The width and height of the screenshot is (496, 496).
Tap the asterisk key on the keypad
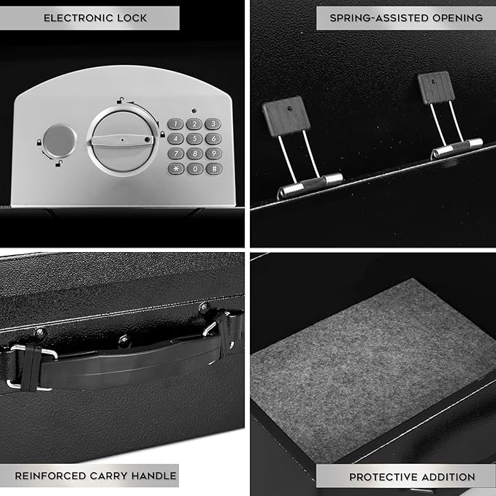[x=176, y=169]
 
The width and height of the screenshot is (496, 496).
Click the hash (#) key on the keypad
[x=214, y=169]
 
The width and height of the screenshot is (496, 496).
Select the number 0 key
[x=195, y=169]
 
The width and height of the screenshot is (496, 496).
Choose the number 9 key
[x=213, y=153]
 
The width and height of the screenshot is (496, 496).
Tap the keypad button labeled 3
[x=213, y=123]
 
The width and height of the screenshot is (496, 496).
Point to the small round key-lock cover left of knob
[x=59, y=141]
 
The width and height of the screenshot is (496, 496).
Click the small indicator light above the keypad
[x=194, y=111]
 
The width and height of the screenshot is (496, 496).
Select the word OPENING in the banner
[x=457, y=18]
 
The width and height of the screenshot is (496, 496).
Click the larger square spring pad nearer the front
[x=286, y=116]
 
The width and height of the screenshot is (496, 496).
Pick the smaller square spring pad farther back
[x=436, y=88]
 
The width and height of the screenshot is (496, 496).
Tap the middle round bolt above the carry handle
[x=124, y=341]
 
